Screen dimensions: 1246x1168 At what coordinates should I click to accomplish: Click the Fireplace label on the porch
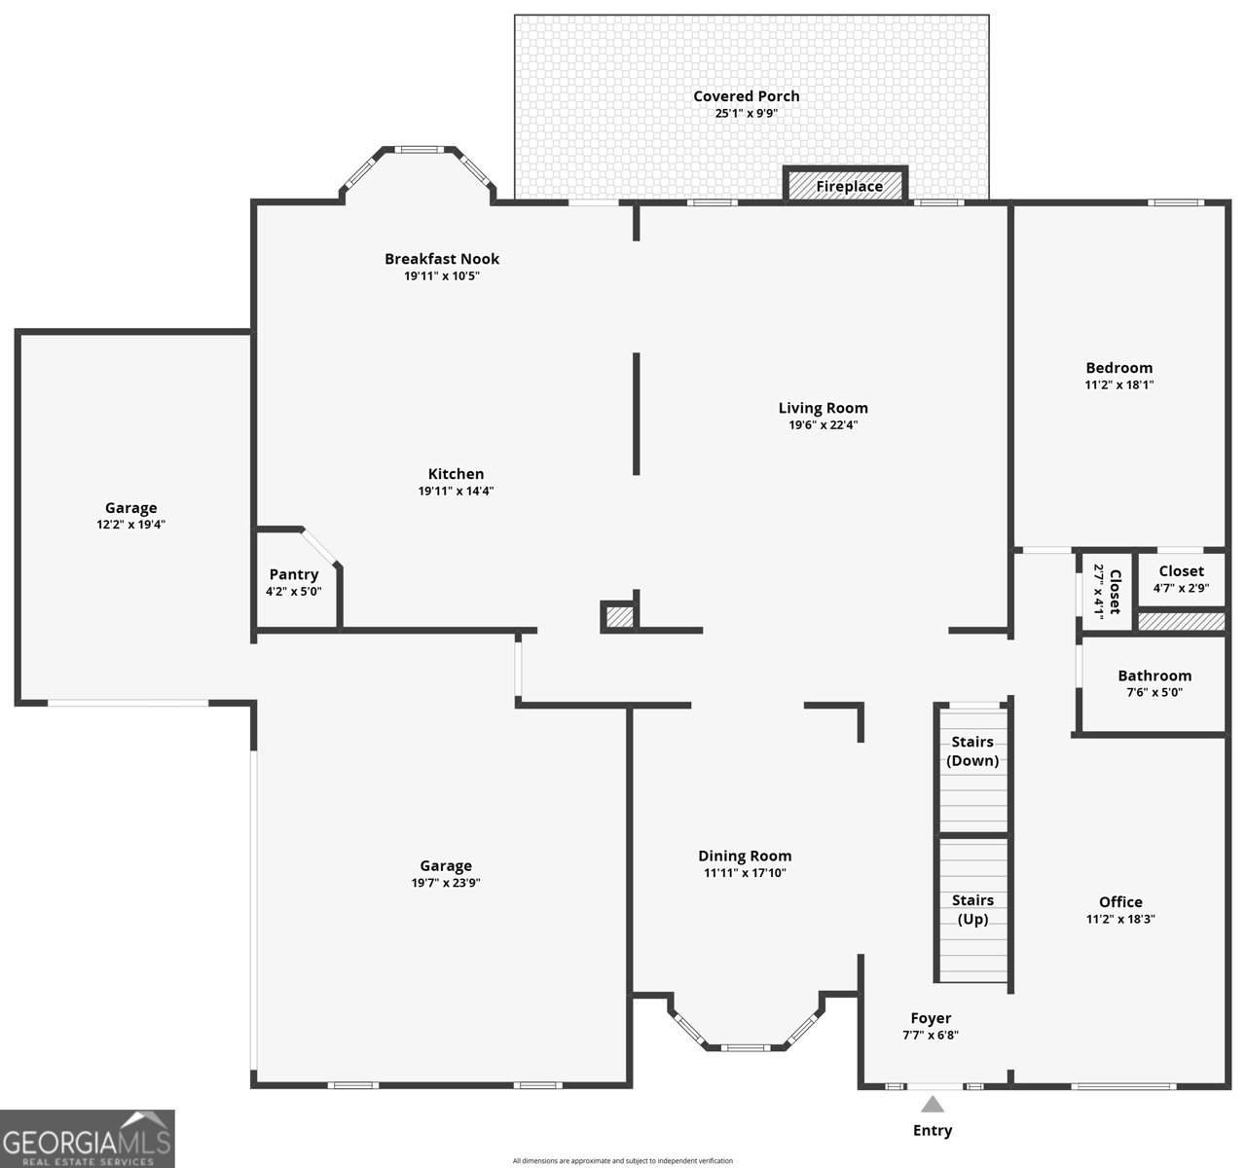click(849, 187)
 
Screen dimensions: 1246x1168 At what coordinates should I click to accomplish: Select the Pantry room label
click(294, 574)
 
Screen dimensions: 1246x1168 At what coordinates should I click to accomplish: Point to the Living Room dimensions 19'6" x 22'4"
click(824, 425)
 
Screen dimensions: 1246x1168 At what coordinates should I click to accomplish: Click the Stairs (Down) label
click(972, 751)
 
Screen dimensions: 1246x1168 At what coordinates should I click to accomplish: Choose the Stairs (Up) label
click(972, 910)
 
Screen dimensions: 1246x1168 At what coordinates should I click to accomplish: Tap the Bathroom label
click(1154, 675)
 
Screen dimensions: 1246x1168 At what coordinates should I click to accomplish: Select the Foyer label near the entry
click(931, 1018)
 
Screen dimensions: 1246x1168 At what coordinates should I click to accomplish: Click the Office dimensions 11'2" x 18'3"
click(1120, 919)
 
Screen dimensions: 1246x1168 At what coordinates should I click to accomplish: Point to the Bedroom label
click(1118, 368)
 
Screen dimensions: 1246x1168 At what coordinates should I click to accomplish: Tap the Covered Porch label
click(746, 96)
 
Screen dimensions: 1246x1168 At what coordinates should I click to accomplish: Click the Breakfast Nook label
click(442, 259)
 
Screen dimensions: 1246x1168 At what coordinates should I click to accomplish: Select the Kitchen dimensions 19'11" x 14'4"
click(456, 491)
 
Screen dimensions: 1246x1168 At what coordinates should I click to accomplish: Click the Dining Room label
click(745, 857)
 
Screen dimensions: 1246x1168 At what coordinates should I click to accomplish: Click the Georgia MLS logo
click(88, 1139)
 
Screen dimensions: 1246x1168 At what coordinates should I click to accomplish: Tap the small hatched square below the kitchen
click(620, 616)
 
